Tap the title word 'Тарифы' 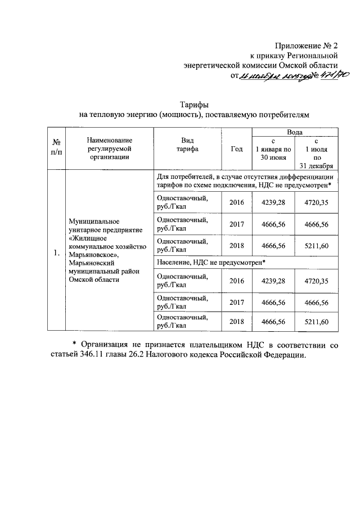pos(195,105)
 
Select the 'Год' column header pos(237,149)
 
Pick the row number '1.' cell pos(56,253)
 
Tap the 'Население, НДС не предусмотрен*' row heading pos(210,262)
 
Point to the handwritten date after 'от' pos(273,76)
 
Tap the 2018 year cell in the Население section pos(237,321)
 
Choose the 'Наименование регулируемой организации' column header pos(109,148)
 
